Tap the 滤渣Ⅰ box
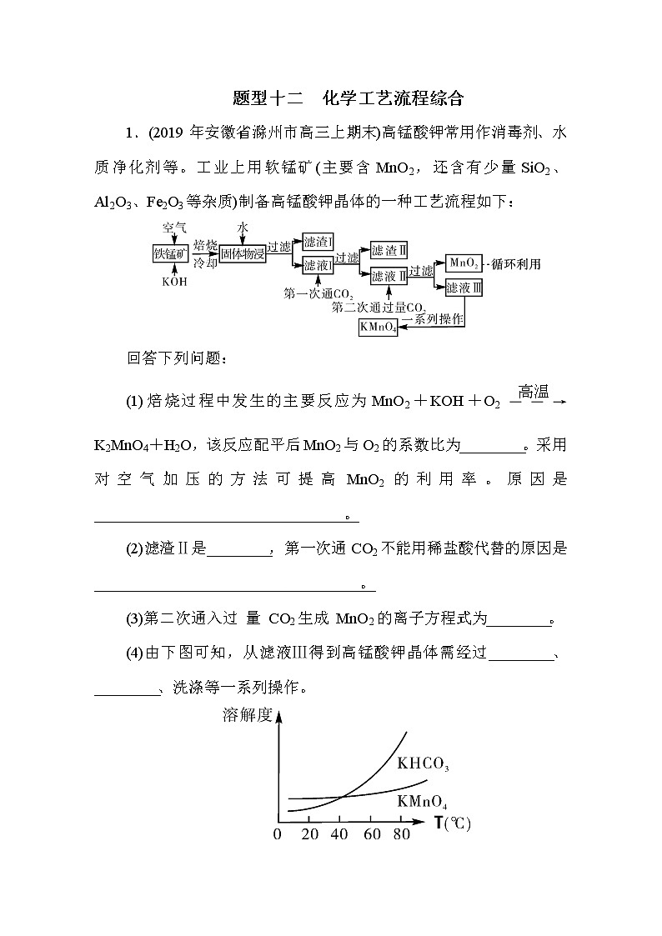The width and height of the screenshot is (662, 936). [x=318, y=242]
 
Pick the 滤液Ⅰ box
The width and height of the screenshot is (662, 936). [x=318, y=265]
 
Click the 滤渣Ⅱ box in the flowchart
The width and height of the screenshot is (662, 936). [x=389, y=251]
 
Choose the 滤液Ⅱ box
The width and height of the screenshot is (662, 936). [x=389, y=274]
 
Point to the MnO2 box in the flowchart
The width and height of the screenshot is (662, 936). [x=464, y=263]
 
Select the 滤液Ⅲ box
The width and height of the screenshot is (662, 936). [x=464, y=288]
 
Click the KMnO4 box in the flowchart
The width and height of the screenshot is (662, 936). [x=378, y=328]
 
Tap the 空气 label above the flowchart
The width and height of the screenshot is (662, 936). [x=173, y=227]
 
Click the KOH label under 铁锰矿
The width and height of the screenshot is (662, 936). [x=173, y=282]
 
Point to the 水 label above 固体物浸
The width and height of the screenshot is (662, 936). [x=243, y=227]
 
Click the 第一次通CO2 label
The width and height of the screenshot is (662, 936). [x=318, y=293]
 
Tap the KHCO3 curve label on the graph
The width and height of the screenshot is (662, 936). [x=423, y=763]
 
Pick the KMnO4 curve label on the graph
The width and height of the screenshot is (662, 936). [x=422, y=804]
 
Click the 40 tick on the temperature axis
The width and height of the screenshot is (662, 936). [x=340, y=834]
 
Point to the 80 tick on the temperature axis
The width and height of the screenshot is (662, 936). [x=401, y=834]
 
